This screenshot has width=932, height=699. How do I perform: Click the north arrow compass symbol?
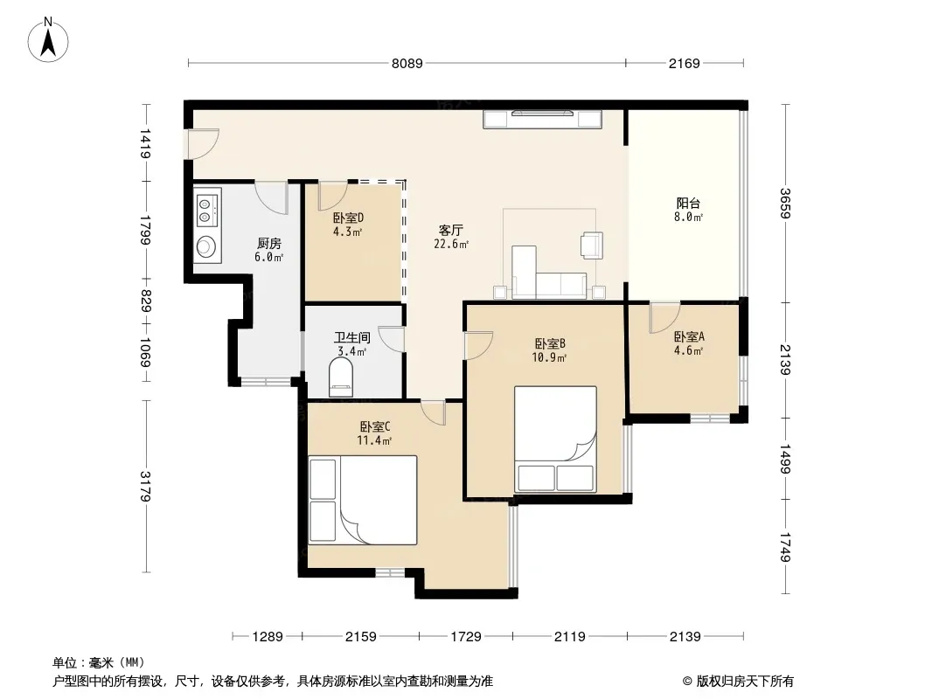click(x=48, y=40)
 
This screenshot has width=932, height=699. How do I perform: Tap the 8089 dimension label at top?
click(x=407, y=63)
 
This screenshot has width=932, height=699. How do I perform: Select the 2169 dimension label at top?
click(x=685, y=63)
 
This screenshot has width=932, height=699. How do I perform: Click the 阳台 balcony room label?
click(x=688, y=203)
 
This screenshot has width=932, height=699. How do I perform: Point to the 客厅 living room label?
click(x=450, y=230)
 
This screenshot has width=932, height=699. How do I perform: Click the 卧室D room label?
click(x=348, y=218)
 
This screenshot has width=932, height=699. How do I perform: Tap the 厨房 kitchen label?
click(x=268, y=244)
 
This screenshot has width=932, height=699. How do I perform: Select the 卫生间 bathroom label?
click(x=351, y=337)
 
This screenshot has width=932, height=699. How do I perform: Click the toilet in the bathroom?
click(x=341, y=377)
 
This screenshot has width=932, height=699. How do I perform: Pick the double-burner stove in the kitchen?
click(x=207, y=209)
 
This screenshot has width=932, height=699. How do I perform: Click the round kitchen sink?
click(x=207, y=246)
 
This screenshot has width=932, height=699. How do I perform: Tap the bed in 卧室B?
click(x=555, y=439)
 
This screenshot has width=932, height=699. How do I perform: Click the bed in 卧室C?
click(x=363, y=500)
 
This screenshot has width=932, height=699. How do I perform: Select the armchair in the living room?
click(x=592, y=245)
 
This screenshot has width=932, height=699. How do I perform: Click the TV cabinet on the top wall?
click(x=543, y=119)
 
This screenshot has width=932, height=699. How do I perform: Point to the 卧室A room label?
click(x=689, y=336)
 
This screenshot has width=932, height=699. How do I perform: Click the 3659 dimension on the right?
click(x=785, y=203)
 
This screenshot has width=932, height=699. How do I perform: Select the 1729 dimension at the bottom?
click(x=465, y=637)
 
